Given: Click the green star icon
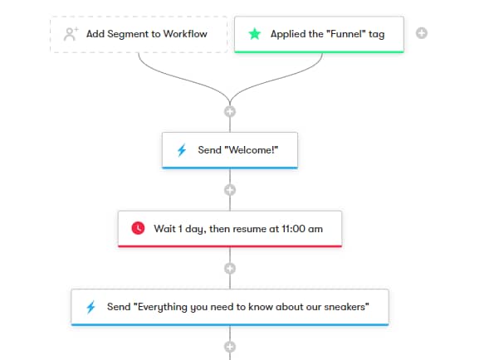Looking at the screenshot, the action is (255, 34).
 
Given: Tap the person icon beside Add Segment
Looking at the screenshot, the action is (71, 34).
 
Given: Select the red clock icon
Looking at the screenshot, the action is (138, 229).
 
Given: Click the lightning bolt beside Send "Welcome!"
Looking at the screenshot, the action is (182, 150).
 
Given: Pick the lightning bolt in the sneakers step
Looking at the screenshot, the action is (90, 307).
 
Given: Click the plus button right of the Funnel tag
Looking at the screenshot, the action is (422, 33).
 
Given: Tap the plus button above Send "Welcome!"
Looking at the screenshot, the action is (230, 111).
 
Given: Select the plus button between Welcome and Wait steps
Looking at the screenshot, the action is (230, 190).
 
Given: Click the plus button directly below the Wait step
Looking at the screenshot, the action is (230, 269).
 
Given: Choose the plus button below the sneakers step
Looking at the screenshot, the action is (230, 347).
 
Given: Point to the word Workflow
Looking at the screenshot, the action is (185, 34).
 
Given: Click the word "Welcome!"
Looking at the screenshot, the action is (252, 150).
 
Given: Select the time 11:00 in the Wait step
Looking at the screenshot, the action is (293, 229).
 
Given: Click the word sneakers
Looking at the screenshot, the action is (347, 307).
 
